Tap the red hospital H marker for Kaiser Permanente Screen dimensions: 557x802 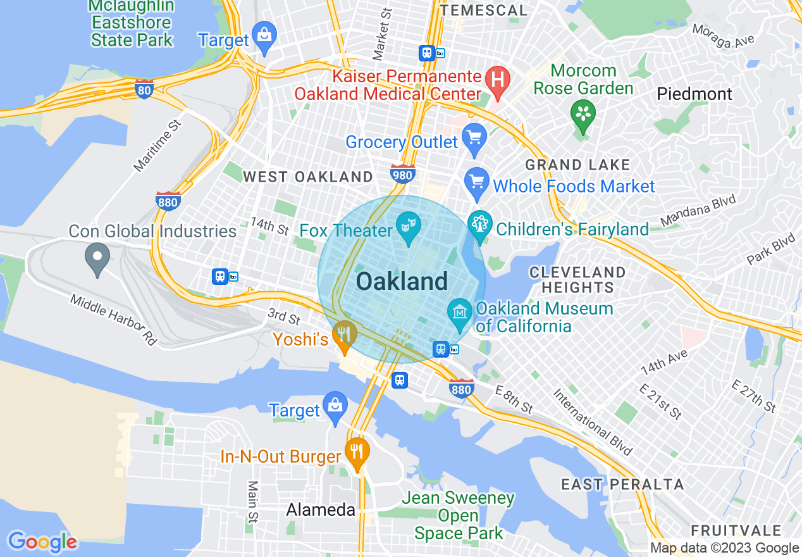(x=498, y=80)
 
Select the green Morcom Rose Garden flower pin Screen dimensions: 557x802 (x=582, y=113)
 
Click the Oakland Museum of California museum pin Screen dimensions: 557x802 (x=460, y=312)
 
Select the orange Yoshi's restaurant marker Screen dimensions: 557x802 (x=345, y=334)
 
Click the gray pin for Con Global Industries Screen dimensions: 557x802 (x=97, y=257)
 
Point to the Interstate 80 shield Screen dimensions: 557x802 (x=144, y=90)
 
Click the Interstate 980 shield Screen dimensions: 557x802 (x=403, y=173)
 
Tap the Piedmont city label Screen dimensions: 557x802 (x=694, y=94)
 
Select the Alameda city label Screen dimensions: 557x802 (x=321, y=510)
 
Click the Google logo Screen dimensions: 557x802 (x=42, y=542)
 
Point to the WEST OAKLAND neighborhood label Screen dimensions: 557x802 (x=308, y=177)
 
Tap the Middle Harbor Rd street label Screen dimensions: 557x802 (x=113, y=320)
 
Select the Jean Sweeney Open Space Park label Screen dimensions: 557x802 (x=459, y=516)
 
